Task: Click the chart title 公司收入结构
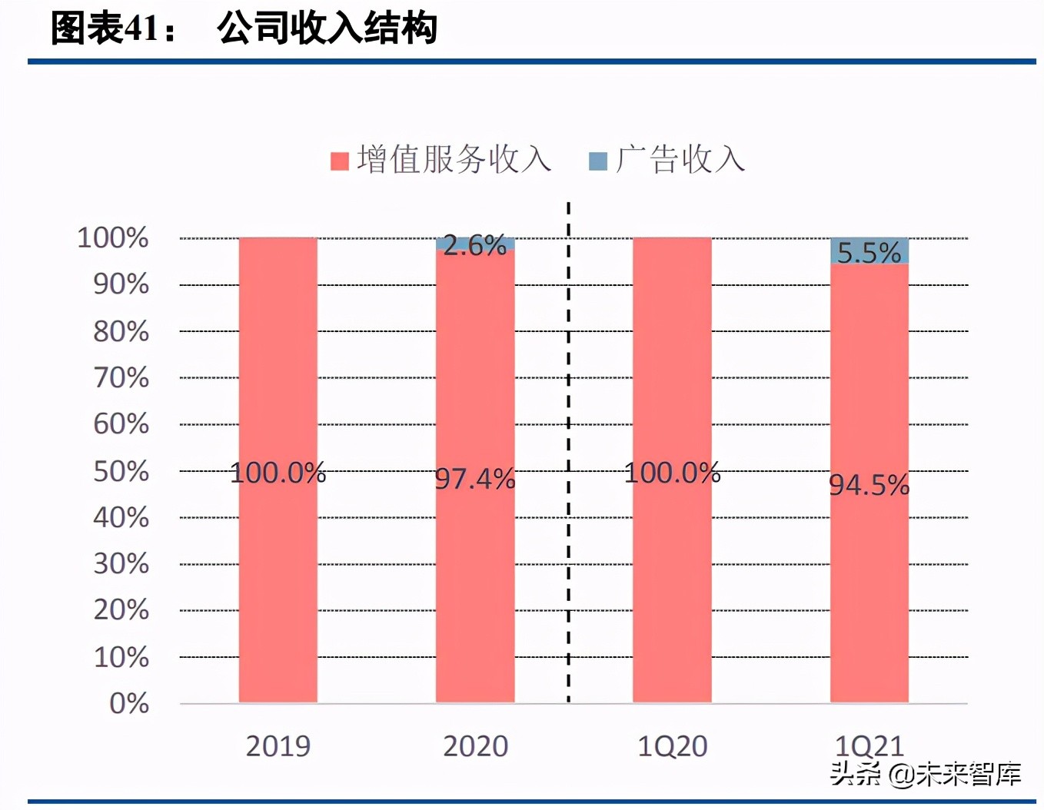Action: (x=327, y=29)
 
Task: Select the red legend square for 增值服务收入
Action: (x=339, y=161)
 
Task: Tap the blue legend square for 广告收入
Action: (x=597, y=161)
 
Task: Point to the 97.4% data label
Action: (x=475, y=479)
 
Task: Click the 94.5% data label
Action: (x=869, y=485)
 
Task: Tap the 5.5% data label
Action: (x=869, y=252)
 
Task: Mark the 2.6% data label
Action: (x=475, y=245)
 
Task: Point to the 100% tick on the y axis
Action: (x=113, y=237)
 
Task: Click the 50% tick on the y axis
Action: (x=121, y=471)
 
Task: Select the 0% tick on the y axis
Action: (x=129, y=703)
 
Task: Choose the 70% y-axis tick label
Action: (x=121, y=377)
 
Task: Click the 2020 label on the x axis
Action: (x=475, y=746)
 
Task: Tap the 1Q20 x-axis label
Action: (x=672, y=746)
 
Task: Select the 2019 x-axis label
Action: (x=278, y=746)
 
